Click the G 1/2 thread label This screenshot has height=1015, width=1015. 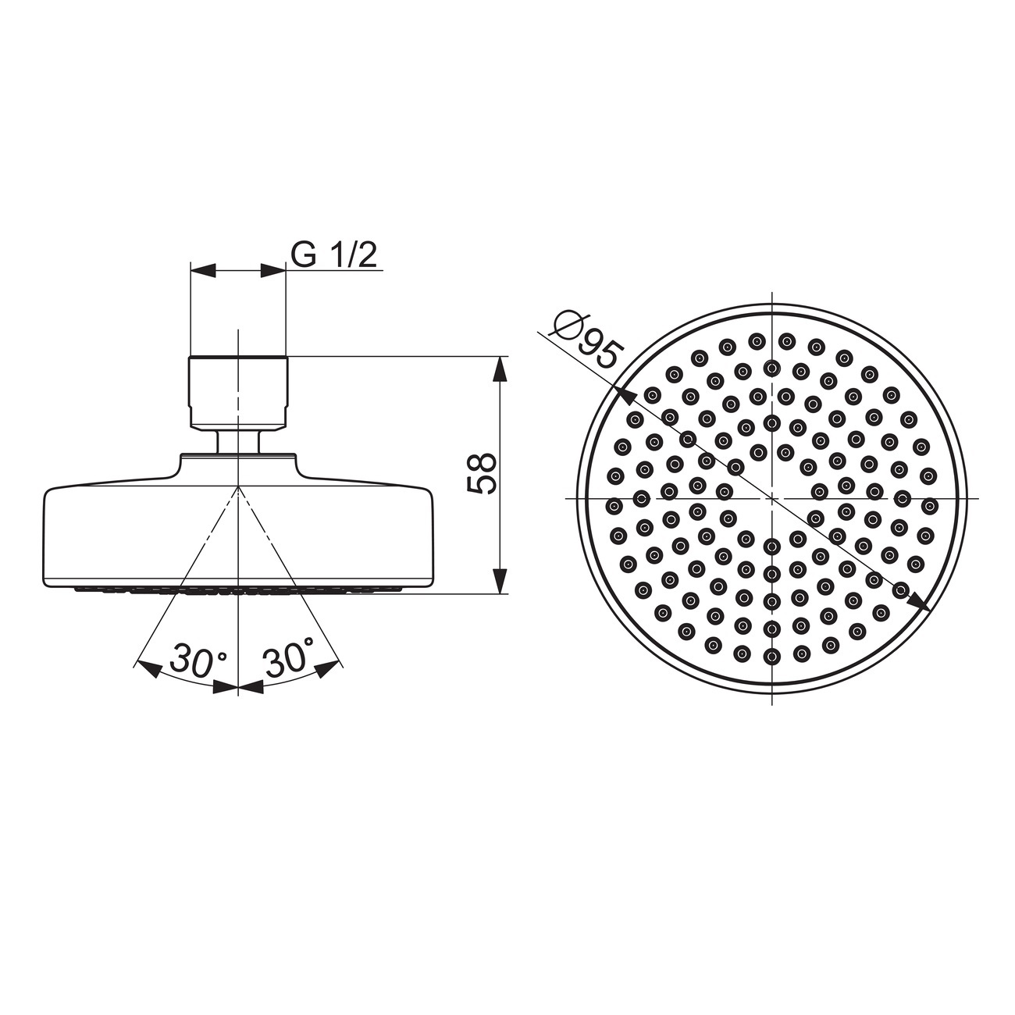(x=334, y=255)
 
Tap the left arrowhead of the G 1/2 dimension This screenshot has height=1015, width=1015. (x=203, y=271)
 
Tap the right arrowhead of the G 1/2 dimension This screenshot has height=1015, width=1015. (x=272, y=271)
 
